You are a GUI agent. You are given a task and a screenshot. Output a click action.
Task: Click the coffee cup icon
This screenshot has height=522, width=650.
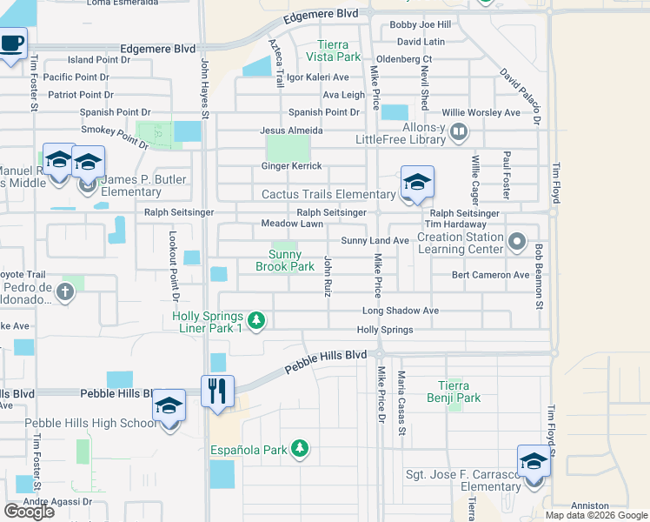coord(11,43)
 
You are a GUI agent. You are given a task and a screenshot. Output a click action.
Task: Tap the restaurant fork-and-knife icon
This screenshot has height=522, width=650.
coord(217,390)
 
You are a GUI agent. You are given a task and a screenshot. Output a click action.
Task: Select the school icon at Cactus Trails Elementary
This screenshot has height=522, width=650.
coord(417,183)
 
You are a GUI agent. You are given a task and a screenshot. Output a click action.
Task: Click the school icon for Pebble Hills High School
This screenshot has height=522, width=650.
coord(169,407)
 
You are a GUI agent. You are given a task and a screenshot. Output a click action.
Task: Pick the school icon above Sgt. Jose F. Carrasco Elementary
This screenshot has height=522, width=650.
coord(534,461)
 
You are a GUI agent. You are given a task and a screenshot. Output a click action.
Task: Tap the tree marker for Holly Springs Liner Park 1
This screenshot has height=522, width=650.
coord(256,322)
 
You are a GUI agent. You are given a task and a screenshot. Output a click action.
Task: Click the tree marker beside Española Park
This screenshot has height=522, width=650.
coord(300,449)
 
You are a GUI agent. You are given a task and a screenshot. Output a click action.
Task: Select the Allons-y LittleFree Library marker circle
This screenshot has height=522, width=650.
coord(460,133)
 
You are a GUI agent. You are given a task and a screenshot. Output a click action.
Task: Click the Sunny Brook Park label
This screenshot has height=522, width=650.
coord(285,260)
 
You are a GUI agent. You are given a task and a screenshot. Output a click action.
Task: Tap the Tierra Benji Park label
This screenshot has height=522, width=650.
coord(457,391)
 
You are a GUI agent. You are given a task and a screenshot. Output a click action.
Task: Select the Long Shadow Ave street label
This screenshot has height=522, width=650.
coord(401,311)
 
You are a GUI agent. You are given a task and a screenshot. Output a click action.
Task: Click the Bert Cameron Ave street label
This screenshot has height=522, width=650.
coord(490,275)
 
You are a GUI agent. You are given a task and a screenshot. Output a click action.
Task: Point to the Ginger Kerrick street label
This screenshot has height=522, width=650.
coord(292,166)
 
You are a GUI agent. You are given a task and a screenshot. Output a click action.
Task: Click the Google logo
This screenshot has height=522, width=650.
coord(29,512)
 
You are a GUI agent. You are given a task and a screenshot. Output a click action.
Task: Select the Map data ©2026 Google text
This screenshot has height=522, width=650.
coord(596,515)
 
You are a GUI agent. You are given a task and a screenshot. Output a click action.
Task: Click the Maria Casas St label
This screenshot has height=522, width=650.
coord(401,402)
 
